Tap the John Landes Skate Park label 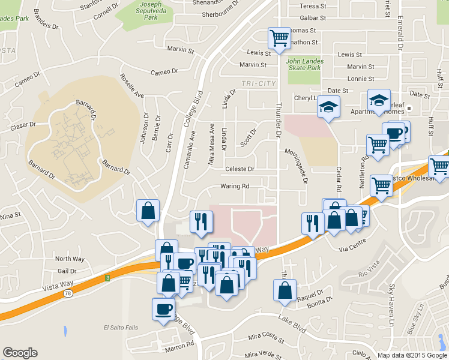pyautogui.click(x=304, y=64)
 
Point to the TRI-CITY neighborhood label pyautogui.click(x=256, y=83)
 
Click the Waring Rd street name pyautogui.click(x=235, y=187)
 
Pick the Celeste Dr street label pyautogui.click(x=240, y=169)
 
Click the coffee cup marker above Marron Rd pyautogui.click(x=163, y=310)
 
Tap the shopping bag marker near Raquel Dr pyautogui.click(x=284, y=291)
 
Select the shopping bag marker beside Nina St pyautogui.click(x=148, y=211)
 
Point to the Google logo pyautogui.click(x=20, y=353)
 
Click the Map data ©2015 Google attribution pyautogui.click(x=411, y=355)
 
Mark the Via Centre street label pyautogui.click(x=352, y=247)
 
